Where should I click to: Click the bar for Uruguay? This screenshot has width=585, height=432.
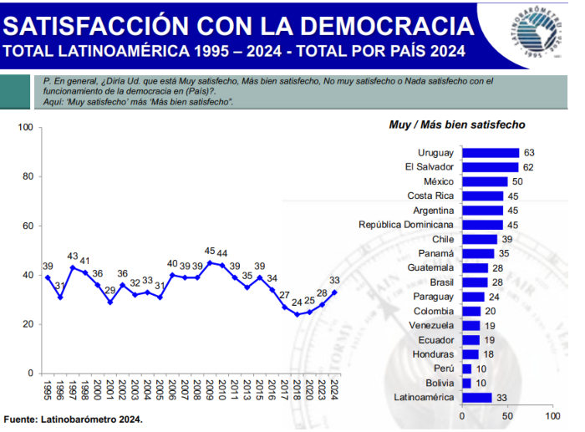point(490,153)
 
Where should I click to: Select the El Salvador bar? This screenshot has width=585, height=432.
point(490,167)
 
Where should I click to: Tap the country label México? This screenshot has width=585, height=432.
point(438,181)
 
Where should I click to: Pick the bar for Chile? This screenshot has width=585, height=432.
point(479,239)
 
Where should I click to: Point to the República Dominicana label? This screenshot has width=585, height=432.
point(405,225)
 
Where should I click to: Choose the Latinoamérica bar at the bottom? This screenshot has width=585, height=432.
point(476,398)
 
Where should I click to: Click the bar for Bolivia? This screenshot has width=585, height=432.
point(466,383)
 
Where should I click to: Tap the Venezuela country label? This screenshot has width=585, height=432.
point(431,325)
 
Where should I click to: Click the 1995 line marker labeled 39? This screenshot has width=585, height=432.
point(47,277)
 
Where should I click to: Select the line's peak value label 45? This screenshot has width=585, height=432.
point(210,251)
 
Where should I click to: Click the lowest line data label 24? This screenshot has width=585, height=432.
point(297,302)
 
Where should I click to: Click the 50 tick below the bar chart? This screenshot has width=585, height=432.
point(506,415)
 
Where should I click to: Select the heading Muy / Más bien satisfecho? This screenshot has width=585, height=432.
point(456,125)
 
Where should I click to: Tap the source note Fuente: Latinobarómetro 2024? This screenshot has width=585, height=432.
point(74,419)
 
